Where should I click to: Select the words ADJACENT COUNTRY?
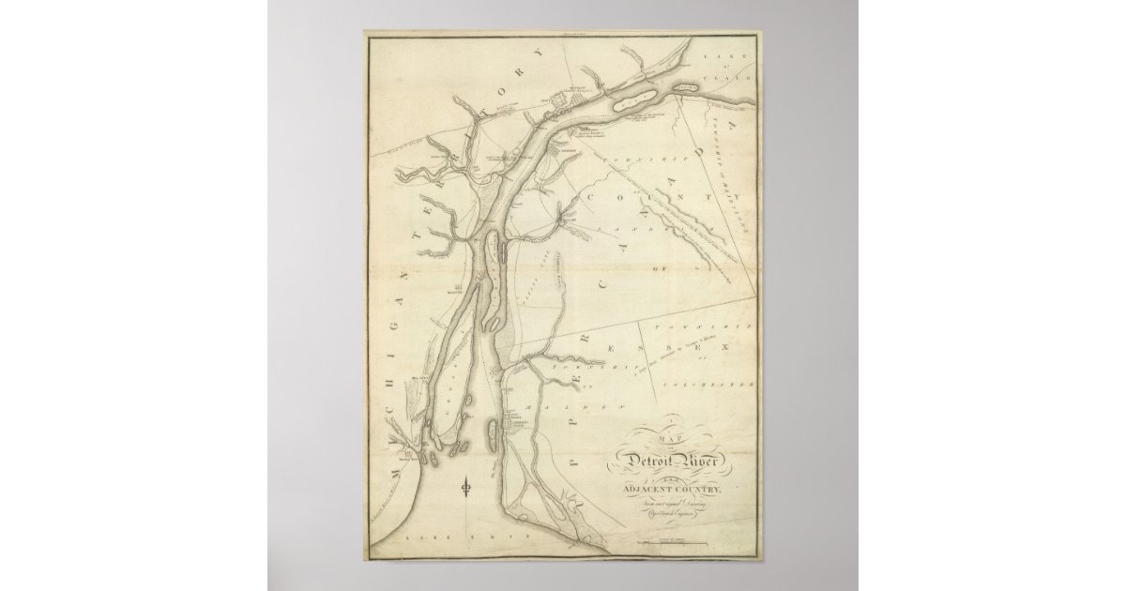pyautogui.click(x=675, y=485)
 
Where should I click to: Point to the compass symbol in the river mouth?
pyautogui.click(x=466, y=487)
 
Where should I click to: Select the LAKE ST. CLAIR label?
pyautogui.click(x=733, y=67)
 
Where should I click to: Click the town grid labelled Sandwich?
pyautogui.click(x=559, y=149)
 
